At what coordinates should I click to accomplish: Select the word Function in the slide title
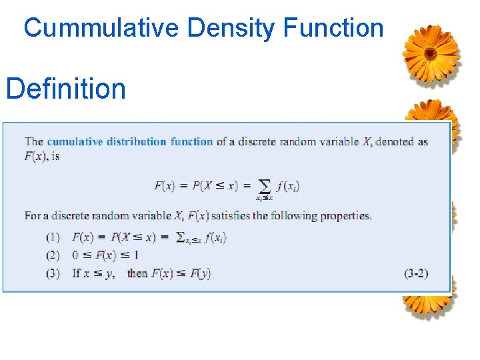click(333, 28)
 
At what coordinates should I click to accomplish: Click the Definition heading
click(65, 88)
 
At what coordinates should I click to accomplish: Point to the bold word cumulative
click(73, 141)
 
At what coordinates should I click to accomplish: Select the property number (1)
click(53, 237)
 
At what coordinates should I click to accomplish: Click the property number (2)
click(53, 255)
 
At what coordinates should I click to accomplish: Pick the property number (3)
click(53, 273)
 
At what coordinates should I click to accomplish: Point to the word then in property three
click(137, 273)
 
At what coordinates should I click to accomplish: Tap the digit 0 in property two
click(75, 255)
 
